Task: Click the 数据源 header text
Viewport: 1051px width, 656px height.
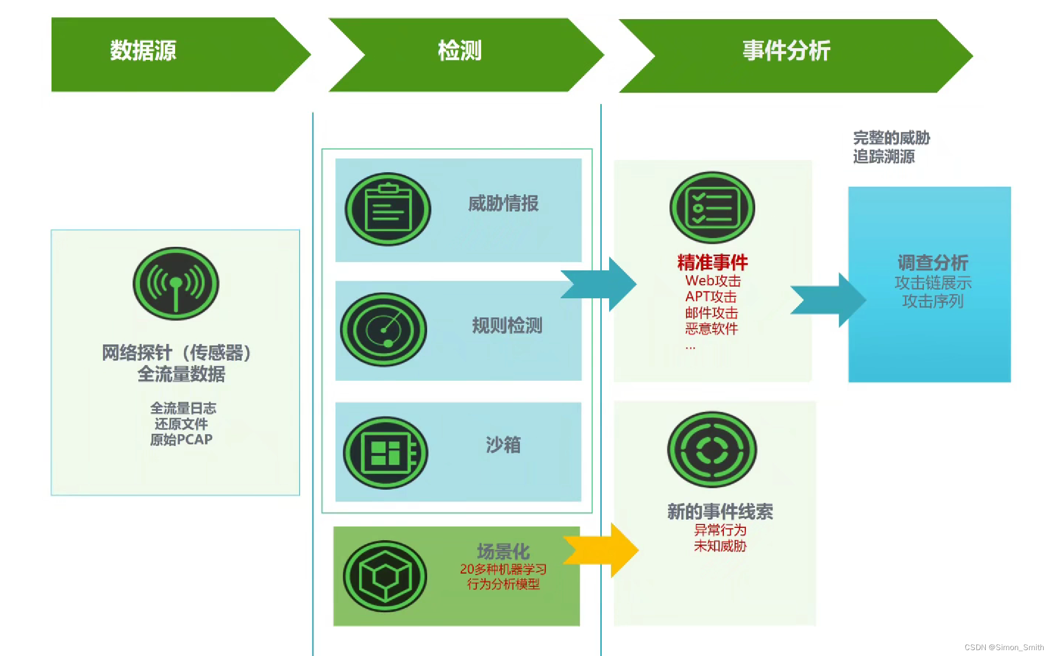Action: point(143,51)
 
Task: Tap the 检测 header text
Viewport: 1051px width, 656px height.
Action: point(460,51)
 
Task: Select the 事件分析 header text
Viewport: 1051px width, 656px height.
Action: point(786,51)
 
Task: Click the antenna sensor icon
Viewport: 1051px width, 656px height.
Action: point(176,284)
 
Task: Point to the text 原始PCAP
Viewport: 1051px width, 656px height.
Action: point(181,439)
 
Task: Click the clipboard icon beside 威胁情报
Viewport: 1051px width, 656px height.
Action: point(387,209)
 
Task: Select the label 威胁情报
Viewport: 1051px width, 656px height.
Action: point(503,203)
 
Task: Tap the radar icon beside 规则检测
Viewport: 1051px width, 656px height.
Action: point(384,329)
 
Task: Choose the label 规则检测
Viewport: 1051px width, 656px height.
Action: point(507,325)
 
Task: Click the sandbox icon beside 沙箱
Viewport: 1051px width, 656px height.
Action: point(385,452)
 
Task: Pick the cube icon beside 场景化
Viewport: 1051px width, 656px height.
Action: point(385,576)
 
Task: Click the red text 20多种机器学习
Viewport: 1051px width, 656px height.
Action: point(503,569)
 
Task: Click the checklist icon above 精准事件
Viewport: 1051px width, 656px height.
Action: point(712,208)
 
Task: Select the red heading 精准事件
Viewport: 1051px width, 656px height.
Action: point(712,262)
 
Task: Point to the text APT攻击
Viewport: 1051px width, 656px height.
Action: point(711,296)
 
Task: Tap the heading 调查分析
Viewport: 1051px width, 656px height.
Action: point(933,263)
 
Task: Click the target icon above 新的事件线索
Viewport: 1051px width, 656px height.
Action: point(712,449)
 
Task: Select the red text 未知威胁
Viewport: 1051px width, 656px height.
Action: point(720,546)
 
